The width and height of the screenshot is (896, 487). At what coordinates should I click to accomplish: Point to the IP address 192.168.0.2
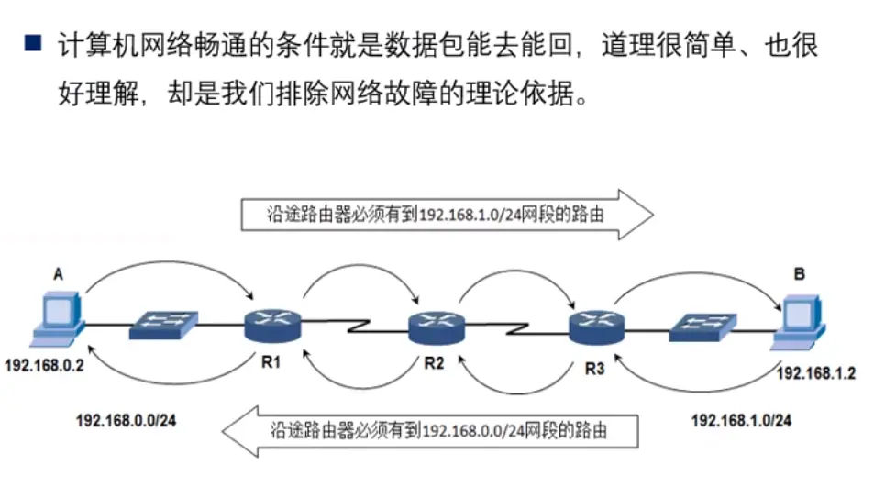coord(45,366)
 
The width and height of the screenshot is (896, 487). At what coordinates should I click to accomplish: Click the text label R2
coord(434,363)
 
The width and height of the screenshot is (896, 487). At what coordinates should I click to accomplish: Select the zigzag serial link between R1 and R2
coord(353,325)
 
